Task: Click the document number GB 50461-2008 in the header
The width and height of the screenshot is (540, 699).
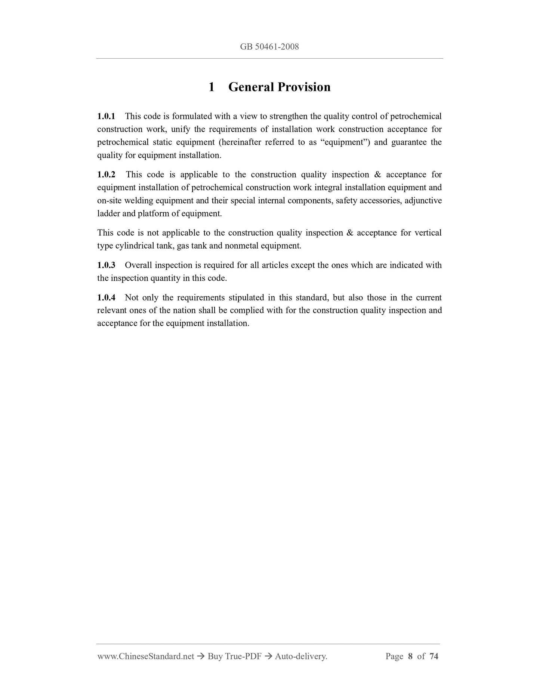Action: pos(269,47)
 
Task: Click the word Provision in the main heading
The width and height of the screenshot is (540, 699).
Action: pos(305,87)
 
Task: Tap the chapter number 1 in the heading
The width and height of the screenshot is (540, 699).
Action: pos(212,87)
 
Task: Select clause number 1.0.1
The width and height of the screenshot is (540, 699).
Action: pos(106,116)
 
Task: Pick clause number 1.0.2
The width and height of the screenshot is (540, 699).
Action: pos(106,175)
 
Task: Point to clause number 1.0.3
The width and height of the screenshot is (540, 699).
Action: pos(106,265)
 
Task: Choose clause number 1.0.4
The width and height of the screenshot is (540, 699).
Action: pos(106,298)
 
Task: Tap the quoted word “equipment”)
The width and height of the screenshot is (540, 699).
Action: pos(345,142)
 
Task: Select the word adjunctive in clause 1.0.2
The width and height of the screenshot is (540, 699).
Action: pos(423,201)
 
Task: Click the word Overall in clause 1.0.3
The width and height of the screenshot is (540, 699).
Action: pos(138,265)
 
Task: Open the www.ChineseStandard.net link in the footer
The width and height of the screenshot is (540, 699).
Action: pos(145,656)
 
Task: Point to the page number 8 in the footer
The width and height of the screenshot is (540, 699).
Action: pos(410,656)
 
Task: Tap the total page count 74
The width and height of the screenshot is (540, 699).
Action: pos(434,656)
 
